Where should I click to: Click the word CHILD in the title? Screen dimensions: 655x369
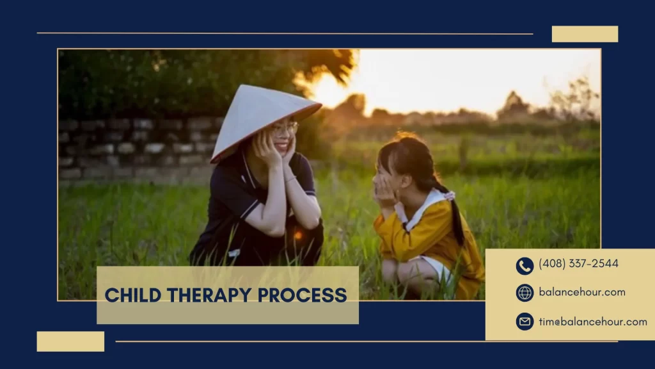pyautogui.click(x=133, y=295)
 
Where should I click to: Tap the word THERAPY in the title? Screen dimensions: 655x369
pyautogui.click(x=209, y=295)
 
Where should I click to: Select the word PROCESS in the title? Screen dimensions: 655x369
pyautogui.click(x=302, y=295)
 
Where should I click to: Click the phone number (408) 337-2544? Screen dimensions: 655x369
pyautogui.click(x=578, y=263)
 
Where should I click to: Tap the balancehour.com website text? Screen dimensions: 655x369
pyautogui.click(x=582, y=292)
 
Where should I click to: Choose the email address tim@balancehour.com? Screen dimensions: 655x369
pyautogui.click(x=593, y=322)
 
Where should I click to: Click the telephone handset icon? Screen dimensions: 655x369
pyautogui.click(x=525, y=266)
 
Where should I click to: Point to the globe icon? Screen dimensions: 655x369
pyautogui.click(x=525, y=293)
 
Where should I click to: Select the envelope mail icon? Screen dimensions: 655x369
pyautogui.click(x=525, y=322)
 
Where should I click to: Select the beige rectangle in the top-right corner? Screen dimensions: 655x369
pyautogui.click(x=585, y=34)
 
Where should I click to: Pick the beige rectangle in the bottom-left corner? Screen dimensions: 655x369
pyautogui.click(x=70, y=341)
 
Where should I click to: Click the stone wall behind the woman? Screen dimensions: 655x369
pyautogui.click(x=138, y=149)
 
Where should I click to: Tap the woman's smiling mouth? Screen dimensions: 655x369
pyautogui.click(x=282, y=147)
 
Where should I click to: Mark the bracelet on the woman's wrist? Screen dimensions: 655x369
pyautogui.click(x=291, y=180)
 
